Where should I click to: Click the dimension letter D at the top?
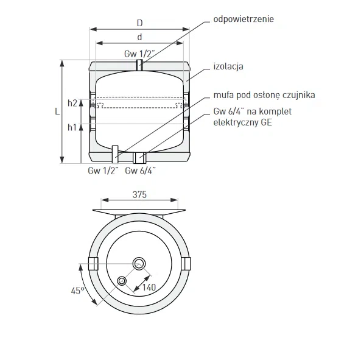click(140, 23)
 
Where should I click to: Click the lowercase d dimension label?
click(139, 37)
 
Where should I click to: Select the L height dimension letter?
click(57, 111)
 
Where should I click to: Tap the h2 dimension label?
click(72, 103)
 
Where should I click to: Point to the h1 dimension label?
click(72, 127)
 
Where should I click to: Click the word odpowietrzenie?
click(244, 19)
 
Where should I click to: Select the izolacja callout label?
click(228, 66)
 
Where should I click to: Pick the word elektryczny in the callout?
click(236, 122)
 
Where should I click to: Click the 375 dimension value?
click(139, 195)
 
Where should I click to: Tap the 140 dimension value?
click(149, 288)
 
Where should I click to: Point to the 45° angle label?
click(78, 291)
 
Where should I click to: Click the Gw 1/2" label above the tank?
click(139, 54)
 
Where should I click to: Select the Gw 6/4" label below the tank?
click(141, 171)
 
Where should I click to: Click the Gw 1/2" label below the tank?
click(103, 171)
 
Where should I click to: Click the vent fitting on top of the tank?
click(140, 65)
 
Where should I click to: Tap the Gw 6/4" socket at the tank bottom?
click(139, 158)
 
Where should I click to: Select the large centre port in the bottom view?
click(139, 263)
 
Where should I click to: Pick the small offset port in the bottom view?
click(122, 281)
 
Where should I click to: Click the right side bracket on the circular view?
click(186, 264)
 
